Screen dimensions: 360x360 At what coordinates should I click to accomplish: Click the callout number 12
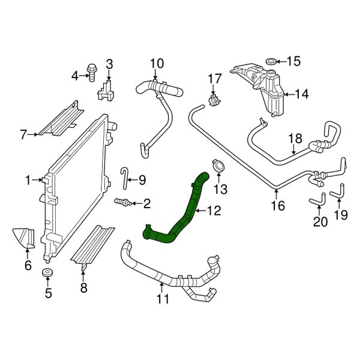click(x=214, y=211)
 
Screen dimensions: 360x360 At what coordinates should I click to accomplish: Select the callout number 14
click(x=301, y=94)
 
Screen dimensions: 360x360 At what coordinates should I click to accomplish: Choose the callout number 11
click(x=163, y=298)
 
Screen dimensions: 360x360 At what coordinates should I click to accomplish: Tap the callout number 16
click(x=277, y=206)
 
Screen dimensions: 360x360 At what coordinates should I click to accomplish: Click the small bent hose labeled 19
click(x=338, y=192)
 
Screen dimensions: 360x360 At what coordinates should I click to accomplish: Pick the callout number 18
click(x=295, y=139)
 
